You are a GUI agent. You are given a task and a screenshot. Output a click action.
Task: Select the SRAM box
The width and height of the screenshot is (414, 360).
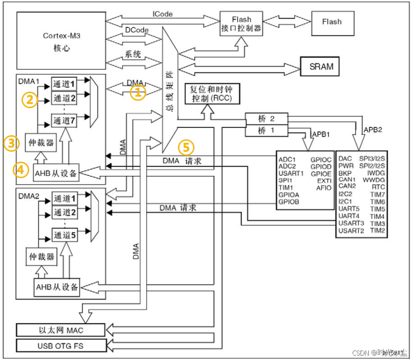pyautogui.click(x=321, y=66)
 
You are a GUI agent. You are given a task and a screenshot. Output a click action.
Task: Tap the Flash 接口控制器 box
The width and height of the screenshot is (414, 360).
pyautogui.click(x=241, y=23)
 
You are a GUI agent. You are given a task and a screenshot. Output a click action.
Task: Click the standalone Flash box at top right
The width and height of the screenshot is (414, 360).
pyautogui.click(x=331, y=22)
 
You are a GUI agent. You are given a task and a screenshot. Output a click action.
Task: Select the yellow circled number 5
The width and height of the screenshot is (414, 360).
pyautogui.click(x=186, y=148)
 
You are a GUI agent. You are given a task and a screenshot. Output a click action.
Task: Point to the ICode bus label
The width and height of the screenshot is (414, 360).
pyautogui.click(x=162, y=13)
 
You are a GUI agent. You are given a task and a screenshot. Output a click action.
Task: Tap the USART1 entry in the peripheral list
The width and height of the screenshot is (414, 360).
pyautogui.click(x=291, y=174)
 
